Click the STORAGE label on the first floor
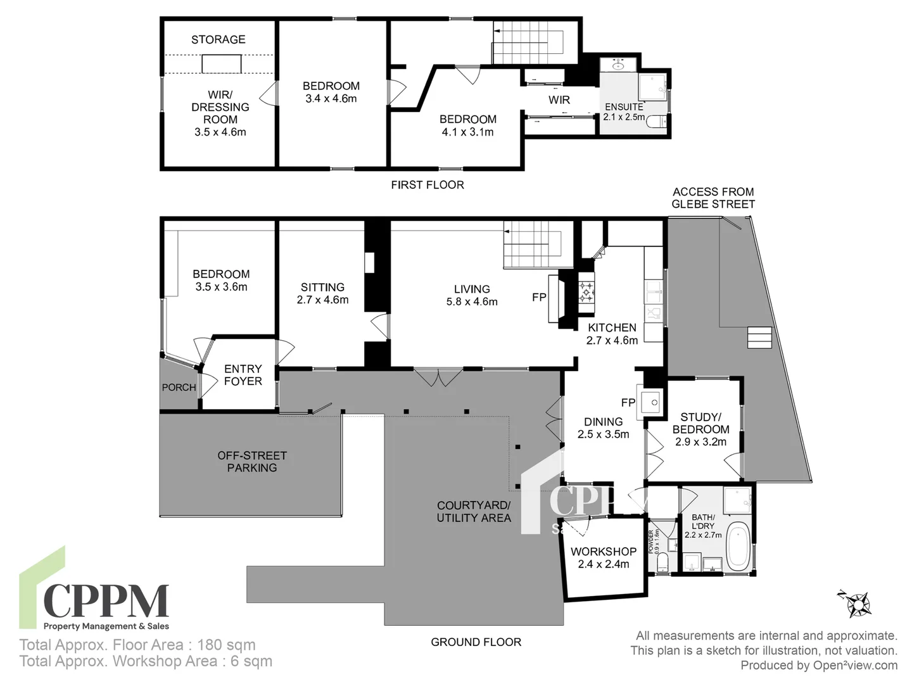point(218,39)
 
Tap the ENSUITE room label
point(624,107)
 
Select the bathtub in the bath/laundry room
point(738,545)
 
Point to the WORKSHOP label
point(603,552)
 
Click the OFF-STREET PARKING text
point(252,462)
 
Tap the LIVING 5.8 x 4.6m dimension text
point(472,302)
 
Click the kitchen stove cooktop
point(586,293)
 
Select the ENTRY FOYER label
point(243,375)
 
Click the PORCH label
point(179,388)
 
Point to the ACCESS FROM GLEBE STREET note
point(713,198)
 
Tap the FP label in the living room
point(539,297)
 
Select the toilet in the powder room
point(662,563)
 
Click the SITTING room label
point(322,288)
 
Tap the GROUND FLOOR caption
point(476,642)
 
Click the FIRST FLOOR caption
point(427,185)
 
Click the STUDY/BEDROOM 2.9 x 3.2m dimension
point(700,442)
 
